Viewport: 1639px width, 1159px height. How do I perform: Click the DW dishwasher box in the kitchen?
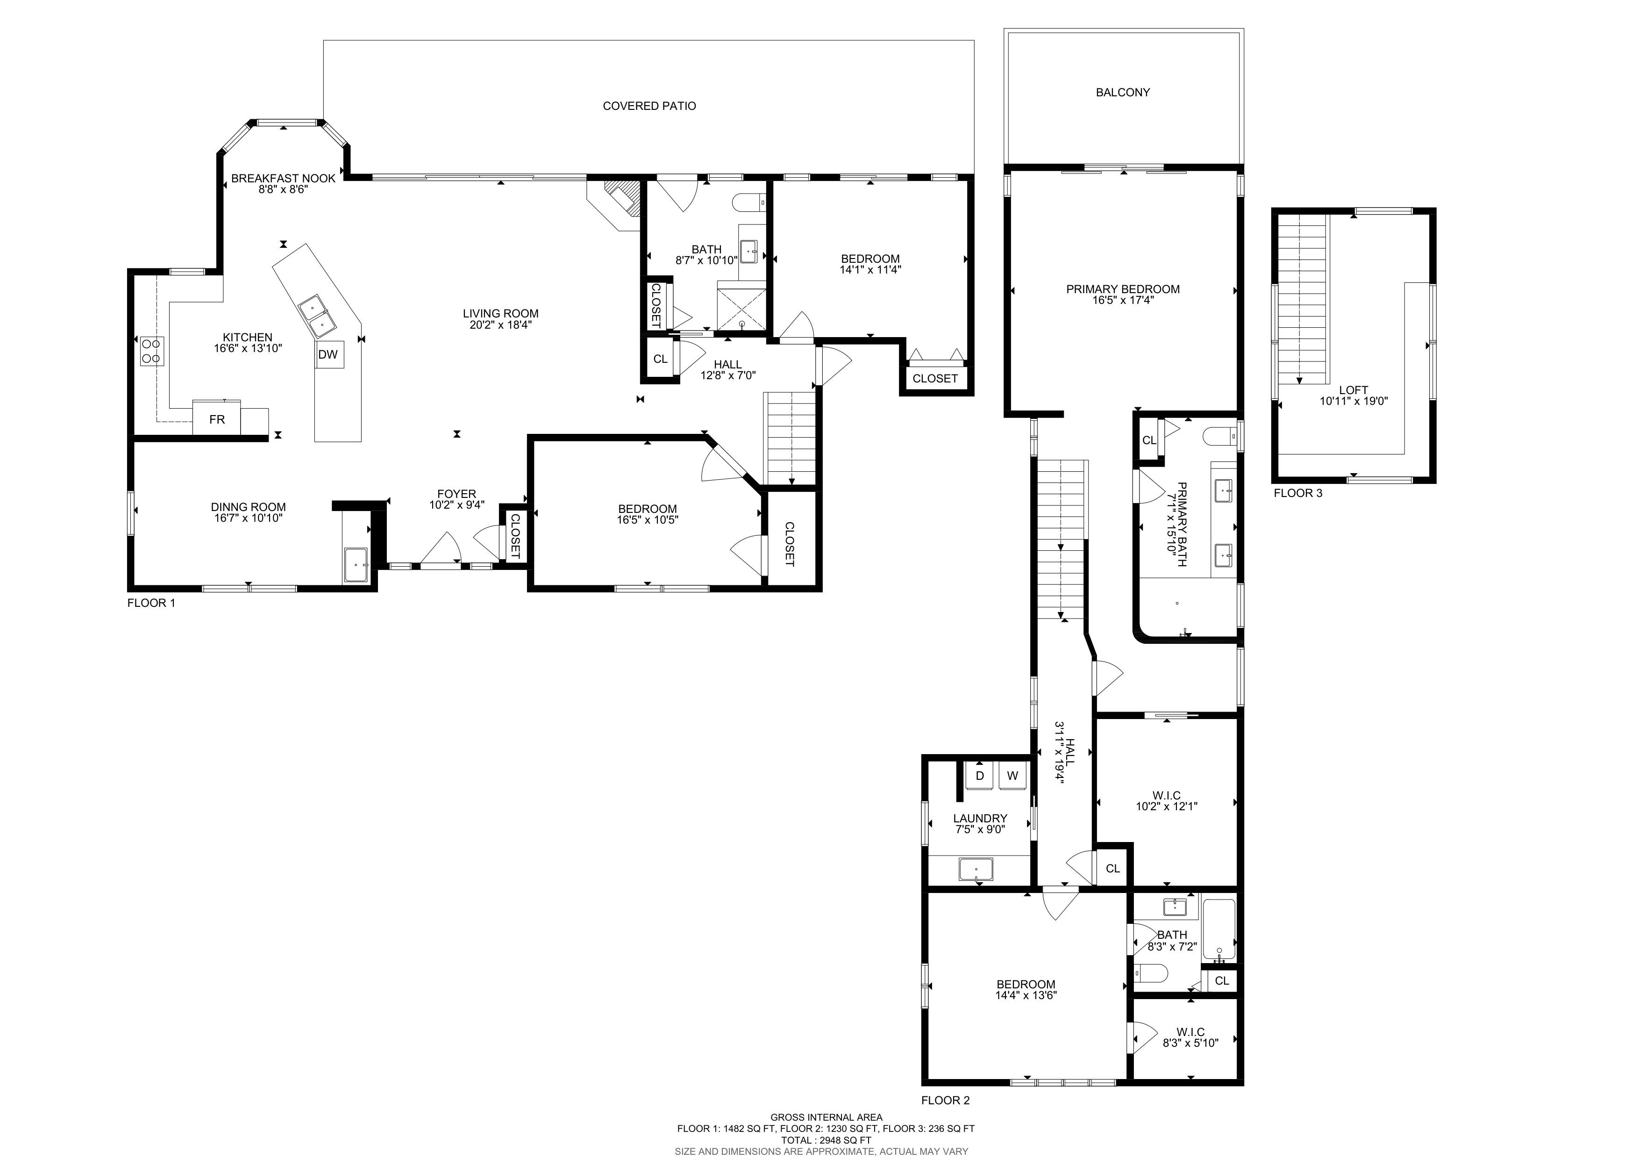pos(329,354)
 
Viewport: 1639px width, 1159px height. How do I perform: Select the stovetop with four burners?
pos(152,351)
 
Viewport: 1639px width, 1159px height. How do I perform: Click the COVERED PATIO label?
pos(649,106)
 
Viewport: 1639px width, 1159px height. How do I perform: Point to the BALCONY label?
pos(1123,92)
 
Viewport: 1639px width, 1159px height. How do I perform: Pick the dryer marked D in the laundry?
pos(980,776)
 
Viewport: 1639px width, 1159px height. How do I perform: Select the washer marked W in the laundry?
pos(1012,776)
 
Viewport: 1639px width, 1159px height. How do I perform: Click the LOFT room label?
pos(1354,390)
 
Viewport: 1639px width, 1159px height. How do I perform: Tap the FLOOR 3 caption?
pos(1298,493)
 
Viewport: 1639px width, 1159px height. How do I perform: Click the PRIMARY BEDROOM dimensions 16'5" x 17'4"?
pos(1123,301)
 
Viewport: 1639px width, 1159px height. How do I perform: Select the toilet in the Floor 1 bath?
pos(749,203)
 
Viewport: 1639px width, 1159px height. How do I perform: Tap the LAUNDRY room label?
pos(980,818)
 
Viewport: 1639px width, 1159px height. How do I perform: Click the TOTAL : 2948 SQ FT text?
pos(826,1140)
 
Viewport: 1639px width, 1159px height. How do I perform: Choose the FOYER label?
pos(457,493)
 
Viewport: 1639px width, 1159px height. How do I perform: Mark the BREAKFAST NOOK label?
pos(284,179)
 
